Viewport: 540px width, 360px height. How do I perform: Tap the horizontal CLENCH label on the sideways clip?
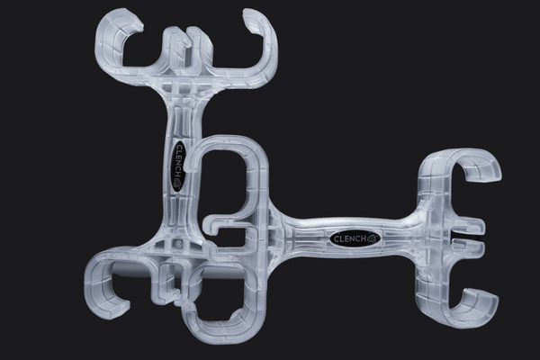355,238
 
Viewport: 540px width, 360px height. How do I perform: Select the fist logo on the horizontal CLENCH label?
373,238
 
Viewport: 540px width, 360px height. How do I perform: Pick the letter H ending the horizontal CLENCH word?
364,238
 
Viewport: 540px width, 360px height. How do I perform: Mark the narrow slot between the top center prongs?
185,49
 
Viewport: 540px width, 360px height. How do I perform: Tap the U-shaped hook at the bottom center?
220,328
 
